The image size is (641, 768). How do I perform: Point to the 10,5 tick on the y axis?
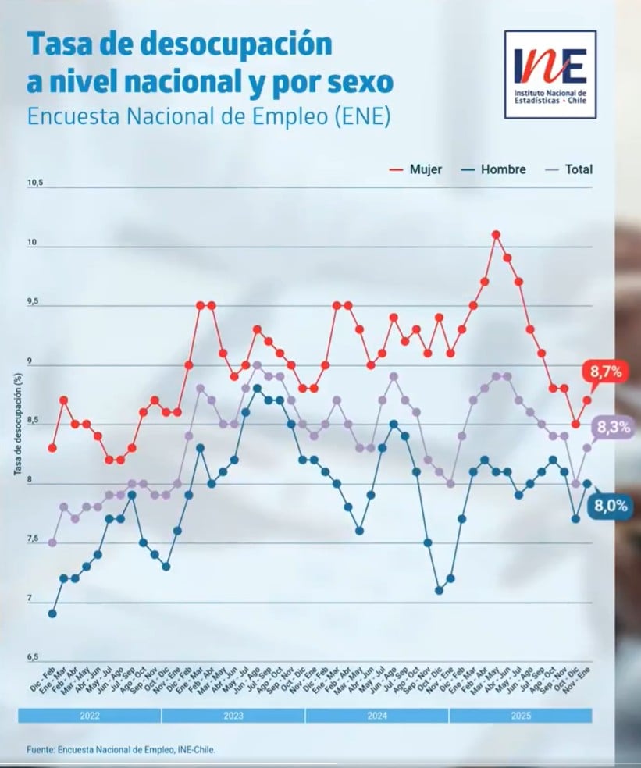pos(35,183)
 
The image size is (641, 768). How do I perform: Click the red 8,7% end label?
pos(606,372)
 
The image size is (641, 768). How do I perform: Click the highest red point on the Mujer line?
pos(496,234)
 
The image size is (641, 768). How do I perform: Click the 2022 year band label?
pos(89,715)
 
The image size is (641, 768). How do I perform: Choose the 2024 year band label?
pos(376,715)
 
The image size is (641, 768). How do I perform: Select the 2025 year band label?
pos(520,715)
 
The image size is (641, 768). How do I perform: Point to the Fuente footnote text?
pos(120,749)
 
